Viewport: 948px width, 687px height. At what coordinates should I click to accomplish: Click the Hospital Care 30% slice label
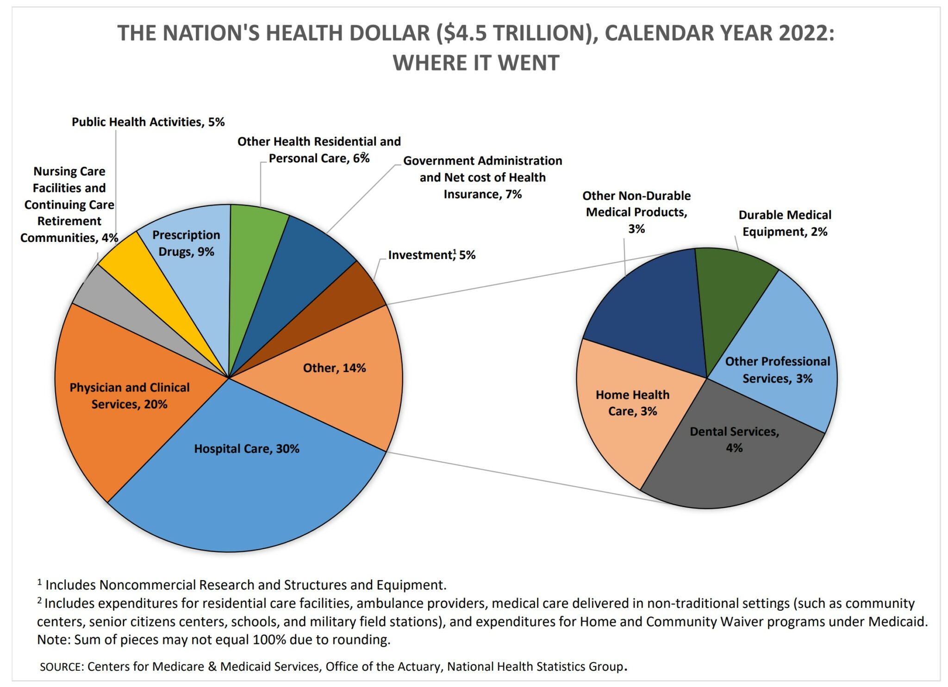[x=246, y=449]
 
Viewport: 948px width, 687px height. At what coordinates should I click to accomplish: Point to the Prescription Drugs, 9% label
[x=186, y=243]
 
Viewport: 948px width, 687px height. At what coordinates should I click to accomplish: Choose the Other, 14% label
[x=334, y=368]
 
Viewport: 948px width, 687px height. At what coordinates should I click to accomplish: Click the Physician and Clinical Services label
[x=130, y=396]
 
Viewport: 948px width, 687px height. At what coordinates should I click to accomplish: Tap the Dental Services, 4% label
[x=734, y=439]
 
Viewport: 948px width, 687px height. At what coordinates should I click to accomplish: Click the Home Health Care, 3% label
[x=632, y=403]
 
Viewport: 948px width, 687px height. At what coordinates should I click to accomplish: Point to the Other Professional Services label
[x=778, y=370]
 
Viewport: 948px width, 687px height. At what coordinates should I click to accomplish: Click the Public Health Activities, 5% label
[x=148, y=122]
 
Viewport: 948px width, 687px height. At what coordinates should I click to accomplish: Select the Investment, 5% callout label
[x=431, y=255]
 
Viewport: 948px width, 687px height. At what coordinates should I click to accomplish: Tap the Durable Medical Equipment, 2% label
[x=785, y=223]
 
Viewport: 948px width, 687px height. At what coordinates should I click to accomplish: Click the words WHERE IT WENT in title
[x=476, y=63]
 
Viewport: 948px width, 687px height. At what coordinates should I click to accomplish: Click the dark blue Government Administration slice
[x=306, y=264]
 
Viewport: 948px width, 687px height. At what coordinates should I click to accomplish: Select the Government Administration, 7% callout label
[x=482, y=178]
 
